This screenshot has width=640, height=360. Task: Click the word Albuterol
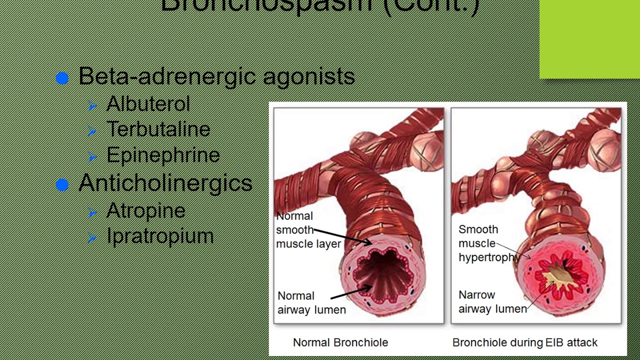pos(148,104)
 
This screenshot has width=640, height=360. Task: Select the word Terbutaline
pos(158,129)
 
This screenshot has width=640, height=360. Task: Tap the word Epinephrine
pos(163,155)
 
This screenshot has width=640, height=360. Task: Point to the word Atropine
pos(145,210)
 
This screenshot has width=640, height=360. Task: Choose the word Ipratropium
pos(160,236)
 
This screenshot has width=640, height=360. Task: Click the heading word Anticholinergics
pos(165,183)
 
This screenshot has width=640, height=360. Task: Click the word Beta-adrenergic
pos(167,76)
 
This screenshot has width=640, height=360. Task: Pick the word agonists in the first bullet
pos(308,76)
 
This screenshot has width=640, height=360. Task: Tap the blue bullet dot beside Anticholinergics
pos(62,185)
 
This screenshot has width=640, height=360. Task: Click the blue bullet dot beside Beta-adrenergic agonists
pos(62,78)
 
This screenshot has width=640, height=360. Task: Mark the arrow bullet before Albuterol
pos(92,105)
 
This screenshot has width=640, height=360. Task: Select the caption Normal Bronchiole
pos(340,342)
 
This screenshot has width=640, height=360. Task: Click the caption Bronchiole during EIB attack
pos(524,342)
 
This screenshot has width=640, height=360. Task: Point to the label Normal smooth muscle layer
pos(308,230)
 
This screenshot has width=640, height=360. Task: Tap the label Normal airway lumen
pos(311,303)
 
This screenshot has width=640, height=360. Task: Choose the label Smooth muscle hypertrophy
pos(488,243)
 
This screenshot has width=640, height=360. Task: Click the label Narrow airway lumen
pos(492,302)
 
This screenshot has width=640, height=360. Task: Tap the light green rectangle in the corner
pos(589,39)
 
